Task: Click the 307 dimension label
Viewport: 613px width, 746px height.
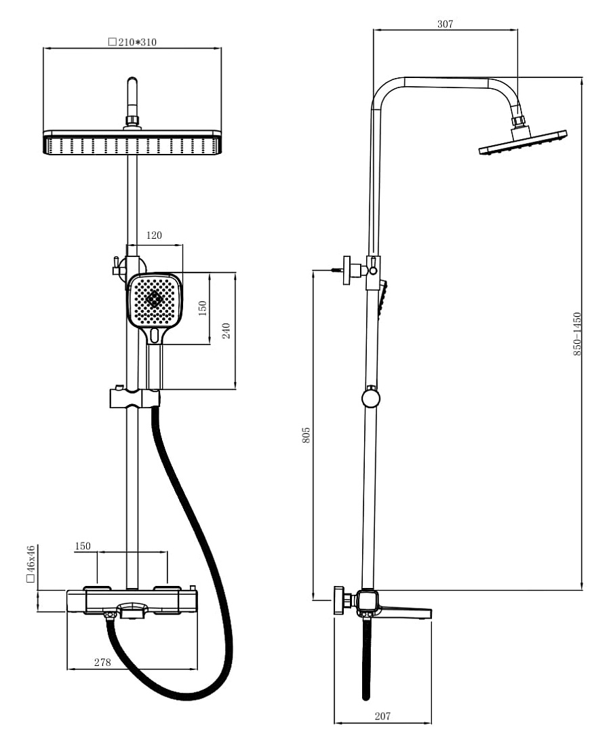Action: click(x=445, y=24)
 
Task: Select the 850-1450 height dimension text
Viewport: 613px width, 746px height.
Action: click(x=577, y=334)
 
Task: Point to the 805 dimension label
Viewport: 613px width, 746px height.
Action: click(x=306, y=435)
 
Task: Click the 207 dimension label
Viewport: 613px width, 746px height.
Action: click(x=382, y=715)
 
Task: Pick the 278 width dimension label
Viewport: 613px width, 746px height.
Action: click(x=102, y=662)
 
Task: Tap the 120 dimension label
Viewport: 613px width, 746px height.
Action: click(x=154, y=235)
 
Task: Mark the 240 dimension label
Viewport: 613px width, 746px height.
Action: click(x=226, y=331)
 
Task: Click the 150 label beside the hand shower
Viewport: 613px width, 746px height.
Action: click(x=203, y=309)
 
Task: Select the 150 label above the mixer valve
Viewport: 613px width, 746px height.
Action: click(x=82, y=546)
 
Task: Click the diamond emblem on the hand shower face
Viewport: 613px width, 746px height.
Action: click(x=154, y=300)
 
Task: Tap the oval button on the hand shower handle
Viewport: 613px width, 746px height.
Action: click(x=154, y=336)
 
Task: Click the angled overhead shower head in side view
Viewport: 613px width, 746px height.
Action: click(x=523, y=142)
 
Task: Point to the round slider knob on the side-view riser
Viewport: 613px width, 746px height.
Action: click(x=370, y=398)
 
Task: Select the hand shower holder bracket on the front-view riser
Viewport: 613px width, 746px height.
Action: click(x=134, y=398)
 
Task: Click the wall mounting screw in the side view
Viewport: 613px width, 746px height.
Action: click(x=337, y=270)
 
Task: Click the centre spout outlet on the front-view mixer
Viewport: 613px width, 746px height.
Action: click(x=132, y=610)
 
